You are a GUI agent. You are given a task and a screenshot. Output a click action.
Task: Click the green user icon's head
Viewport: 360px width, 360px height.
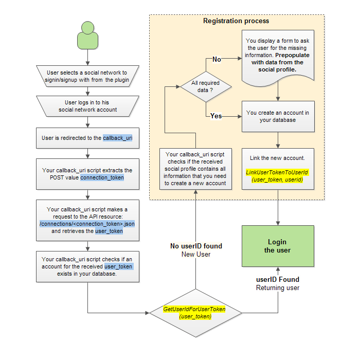[x=88, y=28]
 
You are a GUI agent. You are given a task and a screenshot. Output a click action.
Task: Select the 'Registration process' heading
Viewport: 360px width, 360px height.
[x=236, y=21]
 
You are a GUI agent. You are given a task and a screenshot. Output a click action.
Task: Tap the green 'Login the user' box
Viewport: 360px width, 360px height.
[x=278, y=246]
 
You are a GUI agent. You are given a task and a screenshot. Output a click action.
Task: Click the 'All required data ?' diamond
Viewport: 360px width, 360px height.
[x=206, y=86]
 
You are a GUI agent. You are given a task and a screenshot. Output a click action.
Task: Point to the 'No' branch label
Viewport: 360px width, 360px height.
[x=217, y=60]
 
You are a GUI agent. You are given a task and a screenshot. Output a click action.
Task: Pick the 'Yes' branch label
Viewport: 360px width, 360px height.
[x=216, y=116]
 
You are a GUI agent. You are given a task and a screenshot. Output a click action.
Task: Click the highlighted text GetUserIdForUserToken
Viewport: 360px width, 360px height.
[x=194, y=309]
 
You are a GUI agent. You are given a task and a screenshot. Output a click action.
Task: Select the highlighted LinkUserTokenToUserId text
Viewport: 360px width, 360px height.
[x=277, y=172]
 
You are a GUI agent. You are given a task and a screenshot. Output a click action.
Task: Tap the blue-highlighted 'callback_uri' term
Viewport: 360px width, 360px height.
[x=118, y=138]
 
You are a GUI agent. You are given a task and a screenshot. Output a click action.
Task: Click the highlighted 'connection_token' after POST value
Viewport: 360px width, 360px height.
[x=102, y=177]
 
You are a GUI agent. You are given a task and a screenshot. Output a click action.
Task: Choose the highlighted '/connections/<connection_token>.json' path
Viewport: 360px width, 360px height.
[x=87, y=224]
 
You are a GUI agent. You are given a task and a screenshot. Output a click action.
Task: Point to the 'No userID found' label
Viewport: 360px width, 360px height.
[x=196, y=246]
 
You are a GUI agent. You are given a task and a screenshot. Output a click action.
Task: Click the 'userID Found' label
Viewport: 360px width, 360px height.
[x=278, y=279]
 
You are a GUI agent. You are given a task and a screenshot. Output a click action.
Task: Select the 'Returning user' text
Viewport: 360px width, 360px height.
[x=278, y=287]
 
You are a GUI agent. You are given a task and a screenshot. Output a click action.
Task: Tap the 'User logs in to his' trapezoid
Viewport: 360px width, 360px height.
[x=88, y=106]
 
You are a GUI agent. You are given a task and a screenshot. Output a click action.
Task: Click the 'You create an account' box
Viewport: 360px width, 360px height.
[x=278, y=116]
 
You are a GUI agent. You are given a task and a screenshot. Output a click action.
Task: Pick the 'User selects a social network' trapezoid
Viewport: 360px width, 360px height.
[x=88, y=76]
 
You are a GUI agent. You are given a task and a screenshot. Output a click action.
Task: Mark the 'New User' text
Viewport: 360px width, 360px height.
[x=196, y=255]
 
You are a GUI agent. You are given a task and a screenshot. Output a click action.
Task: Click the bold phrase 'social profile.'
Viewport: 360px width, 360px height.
[x=277, y=69]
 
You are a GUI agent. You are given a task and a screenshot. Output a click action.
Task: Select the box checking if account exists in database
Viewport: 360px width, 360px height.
[x=88, y=266]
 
